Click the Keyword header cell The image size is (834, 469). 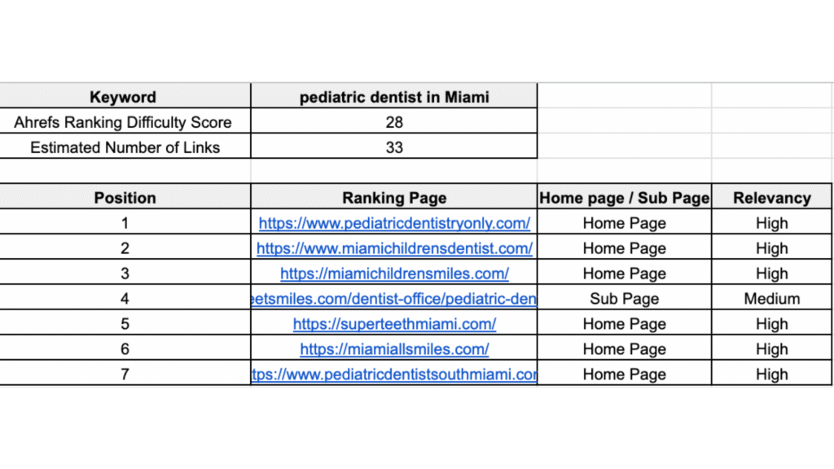(123, 97)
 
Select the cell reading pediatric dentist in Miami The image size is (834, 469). (394, 97)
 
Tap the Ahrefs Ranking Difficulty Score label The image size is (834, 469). (123, 122)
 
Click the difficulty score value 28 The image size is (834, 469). (394, 122)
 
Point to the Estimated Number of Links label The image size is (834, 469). (125, 147)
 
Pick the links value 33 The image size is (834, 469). (394, 147)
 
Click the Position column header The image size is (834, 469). (125, 197)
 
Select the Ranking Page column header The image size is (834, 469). (394, 197)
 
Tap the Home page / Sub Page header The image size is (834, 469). (624, 197)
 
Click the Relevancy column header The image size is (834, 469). (771, 197)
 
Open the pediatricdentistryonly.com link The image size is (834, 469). (394, 223)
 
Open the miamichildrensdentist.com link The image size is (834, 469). (394, 248)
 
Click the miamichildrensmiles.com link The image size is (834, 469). (394, 274)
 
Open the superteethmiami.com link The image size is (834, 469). (394, 324)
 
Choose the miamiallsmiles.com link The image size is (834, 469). (394, 349)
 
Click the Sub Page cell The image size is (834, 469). (624, 299)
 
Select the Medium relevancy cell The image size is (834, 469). (771, 299)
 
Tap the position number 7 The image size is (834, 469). (125, 375)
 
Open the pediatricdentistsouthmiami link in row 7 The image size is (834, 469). (394, 375)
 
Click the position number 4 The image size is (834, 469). (125, 299)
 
